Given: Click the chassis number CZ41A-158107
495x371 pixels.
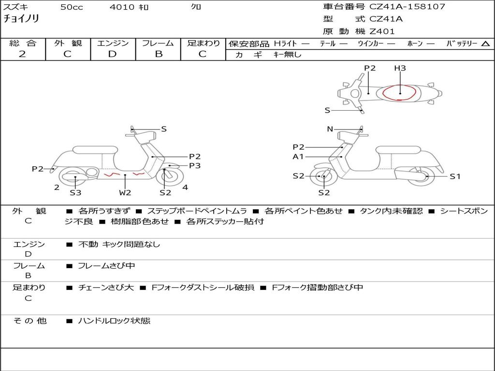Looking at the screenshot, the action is (x=407, y=7).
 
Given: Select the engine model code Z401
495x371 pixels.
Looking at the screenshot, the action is (x=382, y=31).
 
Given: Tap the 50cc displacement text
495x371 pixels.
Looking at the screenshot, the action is (x=72, y=7).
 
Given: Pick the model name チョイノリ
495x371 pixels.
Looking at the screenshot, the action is (x=21, y=19).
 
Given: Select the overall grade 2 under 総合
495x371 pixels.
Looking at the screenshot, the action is (x=22, y=54).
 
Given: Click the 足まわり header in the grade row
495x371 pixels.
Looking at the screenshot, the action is (x=203, y=43).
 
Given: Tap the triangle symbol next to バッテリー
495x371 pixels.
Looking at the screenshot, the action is (x=486, y=44).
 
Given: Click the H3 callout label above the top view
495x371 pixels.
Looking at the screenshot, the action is (x=400, y=68).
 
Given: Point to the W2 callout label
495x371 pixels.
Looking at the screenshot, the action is (x=125, y=193).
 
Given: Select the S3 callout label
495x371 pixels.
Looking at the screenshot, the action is (x=75, y=193).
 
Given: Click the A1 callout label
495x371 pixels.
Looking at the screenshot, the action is (x=298, y=157).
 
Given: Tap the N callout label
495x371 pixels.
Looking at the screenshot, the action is (x=330, y=129).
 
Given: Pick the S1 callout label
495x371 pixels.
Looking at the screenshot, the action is (x=455, y=176).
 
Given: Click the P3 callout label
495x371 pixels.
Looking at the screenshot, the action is (x=195, y=166).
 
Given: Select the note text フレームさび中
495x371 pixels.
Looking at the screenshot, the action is (x=106, y=266).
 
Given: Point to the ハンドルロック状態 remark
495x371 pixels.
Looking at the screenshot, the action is (x=114, y=320).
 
